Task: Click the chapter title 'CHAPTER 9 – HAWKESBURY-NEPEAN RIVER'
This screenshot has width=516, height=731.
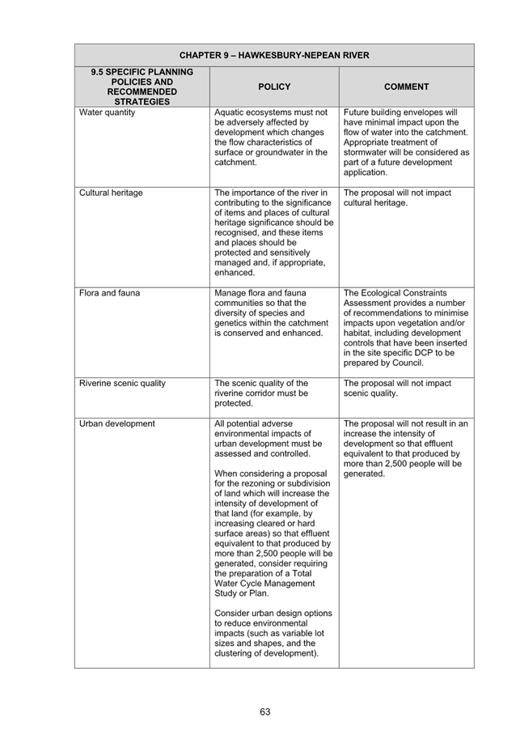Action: pos(274,56)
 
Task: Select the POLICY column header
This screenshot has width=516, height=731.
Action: pos(274,87)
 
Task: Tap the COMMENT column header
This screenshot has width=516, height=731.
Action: pos(407,87)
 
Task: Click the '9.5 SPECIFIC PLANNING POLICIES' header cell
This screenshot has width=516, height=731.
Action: pos(142,87)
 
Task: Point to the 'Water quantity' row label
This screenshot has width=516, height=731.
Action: pos(107,113)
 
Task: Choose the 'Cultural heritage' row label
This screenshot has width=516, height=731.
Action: pos(111,193)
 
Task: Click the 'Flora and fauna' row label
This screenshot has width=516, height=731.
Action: pos(109,293)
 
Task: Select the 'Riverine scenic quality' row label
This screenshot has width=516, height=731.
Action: pos(122,383)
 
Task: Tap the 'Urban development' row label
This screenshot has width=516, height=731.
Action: pos(117,423)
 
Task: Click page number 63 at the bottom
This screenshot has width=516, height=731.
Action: pos(265,712)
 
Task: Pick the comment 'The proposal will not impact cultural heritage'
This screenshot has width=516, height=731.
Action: pos(397,198)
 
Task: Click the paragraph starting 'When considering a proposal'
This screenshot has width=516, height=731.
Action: pos(273,533)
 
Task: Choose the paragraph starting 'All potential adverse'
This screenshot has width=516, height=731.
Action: pos(269,439)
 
